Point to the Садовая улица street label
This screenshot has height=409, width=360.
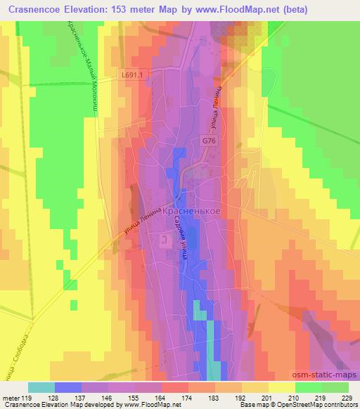click(x=178, y=238)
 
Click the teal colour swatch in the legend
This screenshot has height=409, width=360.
click(x=41, y=387)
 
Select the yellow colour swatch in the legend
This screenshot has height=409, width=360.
click(x=281, y=387)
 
